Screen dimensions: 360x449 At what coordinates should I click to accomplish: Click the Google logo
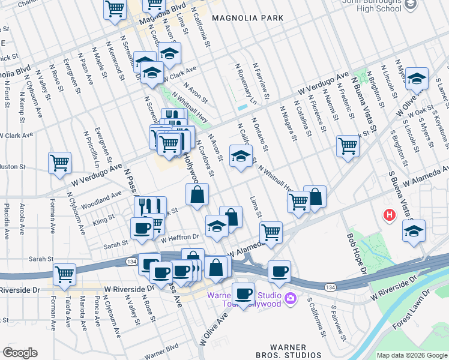tap(20, 353)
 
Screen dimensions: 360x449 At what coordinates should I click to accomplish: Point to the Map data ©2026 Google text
tap(412, 355)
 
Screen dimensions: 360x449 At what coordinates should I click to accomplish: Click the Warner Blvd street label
tap(161, 350)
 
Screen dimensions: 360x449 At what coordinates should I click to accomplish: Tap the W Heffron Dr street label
tap(179, 238)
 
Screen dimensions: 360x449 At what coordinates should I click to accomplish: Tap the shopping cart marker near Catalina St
tap(348, 145)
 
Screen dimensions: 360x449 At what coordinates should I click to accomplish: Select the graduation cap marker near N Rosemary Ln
tap(241, 157)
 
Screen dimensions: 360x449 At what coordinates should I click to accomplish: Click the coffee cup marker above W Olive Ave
tap(243, 293)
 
